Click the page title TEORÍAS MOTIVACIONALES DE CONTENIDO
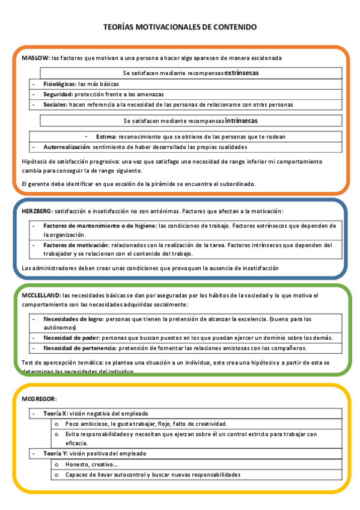click(x=180, y=27)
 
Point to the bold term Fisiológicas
click(x=59, y=85)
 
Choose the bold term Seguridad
click(x=57, y=94)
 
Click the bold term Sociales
click(x=55, y=104)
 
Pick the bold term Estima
click(x=105, y=137)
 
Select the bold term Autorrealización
click(x=67, y=147)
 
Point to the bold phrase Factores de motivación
click(x=76, y=245)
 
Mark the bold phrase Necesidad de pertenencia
click(x=80, y=348)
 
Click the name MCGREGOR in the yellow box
click(x=39, y=399)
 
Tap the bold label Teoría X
click(x=55, y=414)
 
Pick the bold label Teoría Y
click(x=55, y=453)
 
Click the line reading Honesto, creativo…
click(x=91, y=464)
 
